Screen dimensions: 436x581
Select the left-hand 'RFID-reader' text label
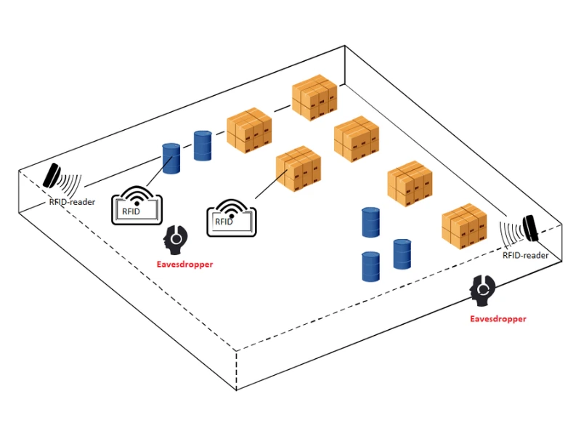72,202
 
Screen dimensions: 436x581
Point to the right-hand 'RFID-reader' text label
526,255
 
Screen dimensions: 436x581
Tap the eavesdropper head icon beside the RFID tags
176,238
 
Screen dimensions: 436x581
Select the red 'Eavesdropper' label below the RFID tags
185,265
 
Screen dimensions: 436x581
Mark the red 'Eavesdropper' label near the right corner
498,318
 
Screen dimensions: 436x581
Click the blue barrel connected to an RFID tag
171,158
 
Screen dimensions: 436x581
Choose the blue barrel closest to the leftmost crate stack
202,145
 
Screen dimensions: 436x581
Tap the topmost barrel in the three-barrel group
371,222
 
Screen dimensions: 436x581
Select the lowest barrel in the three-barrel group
371,266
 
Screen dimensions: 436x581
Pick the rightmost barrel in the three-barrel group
402,254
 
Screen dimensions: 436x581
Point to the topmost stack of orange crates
314,97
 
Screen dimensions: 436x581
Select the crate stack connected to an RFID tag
298,167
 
